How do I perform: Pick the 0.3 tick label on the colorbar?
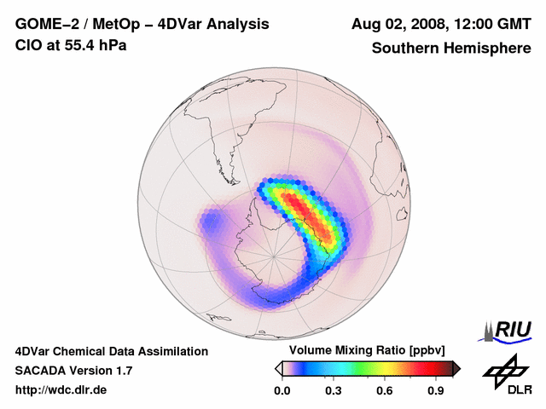[x=333, y=390]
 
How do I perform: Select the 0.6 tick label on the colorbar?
[x=385, y=390]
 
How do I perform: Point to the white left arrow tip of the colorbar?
[x=278, y=368]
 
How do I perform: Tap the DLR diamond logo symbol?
[x=503, y=372]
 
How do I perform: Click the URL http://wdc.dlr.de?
[x=61, y=390]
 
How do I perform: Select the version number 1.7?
[x=122, y=371]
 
